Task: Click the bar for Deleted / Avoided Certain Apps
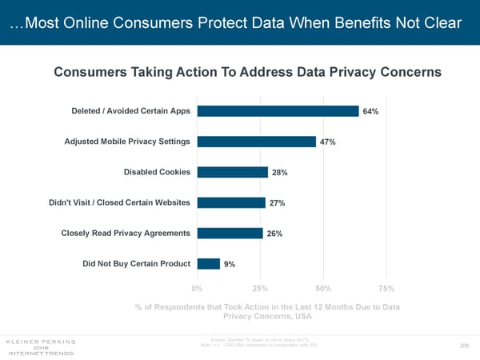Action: [277, 111]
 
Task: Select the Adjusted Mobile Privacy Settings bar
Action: [256, 142]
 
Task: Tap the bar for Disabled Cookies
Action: [232, 172]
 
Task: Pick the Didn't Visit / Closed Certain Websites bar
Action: [230, 202]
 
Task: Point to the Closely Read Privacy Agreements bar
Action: [229, 233]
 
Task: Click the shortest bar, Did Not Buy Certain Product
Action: [208, 264]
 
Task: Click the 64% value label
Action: [370, 112]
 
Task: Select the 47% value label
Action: [327, 142]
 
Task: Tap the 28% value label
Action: [280, 173]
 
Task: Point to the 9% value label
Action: [229, 265]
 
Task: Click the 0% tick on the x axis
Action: [197, 288]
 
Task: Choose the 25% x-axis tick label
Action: [260, 288]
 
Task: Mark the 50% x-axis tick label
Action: [323, 288]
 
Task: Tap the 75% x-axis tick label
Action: [386, 288]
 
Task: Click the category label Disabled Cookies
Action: [157, 172]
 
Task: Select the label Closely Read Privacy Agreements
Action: [126, 233]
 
